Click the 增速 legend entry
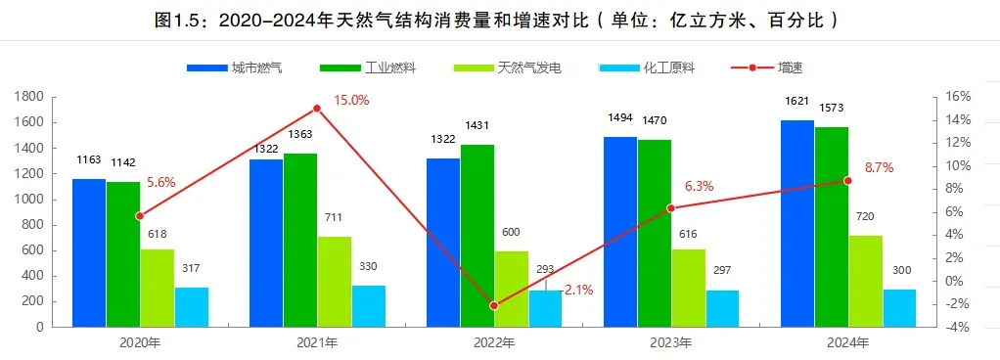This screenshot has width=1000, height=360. point(769,68)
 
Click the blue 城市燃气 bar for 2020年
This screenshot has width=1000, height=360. point(89,252)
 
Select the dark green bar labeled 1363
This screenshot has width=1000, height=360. point(300,240)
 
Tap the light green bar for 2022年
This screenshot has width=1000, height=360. point(512,289)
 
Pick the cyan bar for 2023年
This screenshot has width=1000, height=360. point(723,308)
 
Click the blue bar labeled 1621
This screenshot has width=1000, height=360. point(796,223)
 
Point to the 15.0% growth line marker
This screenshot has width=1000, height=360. point(317,108)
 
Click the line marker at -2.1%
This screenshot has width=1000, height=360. point(494,305)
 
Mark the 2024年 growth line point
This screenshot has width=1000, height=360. point(847,181)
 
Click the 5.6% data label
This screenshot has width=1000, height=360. point(161,182)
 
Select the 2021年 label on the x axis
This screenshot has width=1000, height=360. point(317,343)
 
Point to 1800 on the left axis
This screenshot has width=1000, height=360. point(30,96)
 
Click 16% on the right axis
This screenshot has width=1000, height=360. point(958,96)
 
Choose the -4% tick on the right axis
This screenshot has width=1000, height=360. point(958,328)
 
